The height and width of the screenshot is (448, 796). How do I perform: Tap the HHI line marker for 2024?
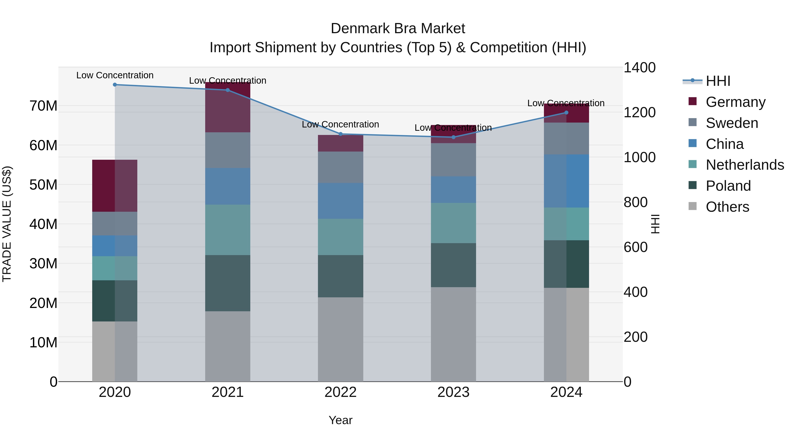pos(566,113)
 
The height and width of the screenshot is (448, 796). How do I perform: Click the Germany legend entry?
pos(735,102)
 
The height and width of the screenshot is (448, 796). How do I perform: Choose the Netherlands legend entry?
pos(745,165)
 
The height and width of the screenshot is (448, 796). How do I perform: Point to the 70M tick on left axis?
pos(43,106)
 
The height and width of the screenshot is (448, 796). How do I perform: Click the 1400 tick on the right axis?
pos(639,68)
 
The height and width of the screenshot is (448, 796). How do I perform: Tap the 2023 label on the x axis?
pos(453,392)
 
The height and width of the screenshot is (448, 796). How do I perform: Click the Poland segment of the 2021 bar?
pos(228,283)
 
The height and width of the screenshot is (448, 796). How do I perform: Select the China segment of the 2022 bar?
pos(341,201)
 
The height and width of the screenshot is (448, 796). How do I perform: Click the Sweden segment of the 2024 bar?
pos(566,138)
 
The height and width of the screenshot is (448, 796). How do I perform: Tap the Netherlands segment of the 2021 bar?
pos(228,230)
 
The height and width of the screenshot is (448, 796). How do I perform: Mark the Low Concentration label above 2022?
pos(341,124)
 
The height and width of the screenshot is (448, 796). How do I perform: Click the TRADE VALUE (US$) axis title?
pos(7,224)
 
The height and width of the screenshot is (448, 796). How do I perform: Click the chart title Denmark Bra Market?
pos(398,29)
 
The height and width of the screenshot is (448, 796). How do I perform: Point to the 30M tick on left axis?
pos(43,264)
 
